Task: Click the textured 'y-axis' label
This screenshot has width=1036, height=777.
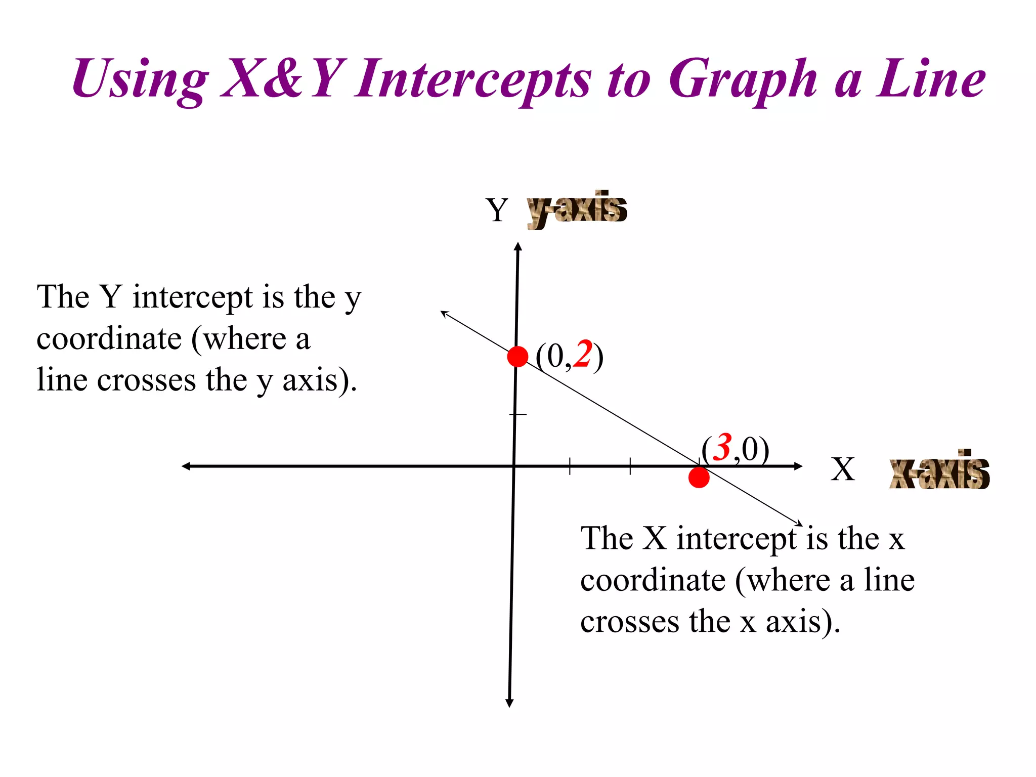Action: [x=577, y=209]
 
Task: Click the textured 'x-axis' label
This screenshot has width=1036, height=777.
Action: [x=939, y=470]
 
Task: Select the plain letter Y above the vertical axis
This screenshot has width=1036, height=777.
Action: [x=497, y=210]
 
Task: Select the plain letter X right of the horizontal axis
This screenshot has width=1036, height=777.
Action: [x=842, y=469]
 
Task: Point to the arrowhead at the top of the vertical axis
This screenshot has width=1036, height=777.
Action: [x=517, y=246]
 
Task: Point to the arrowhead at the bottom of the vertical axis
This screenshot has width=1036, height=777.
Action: [x=509, y=703]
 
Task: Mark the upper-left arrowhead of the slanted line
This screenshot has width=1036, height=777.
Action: [x=444, y=314]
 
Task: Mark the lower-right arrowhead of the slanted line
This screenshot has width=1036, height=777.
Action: [x=799, y=524]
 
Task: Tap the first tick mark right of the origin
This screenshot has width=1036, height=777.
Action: [x=570, y=466]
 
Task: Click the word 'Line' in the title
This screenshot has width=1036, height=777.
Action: [x=930, y=78]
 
